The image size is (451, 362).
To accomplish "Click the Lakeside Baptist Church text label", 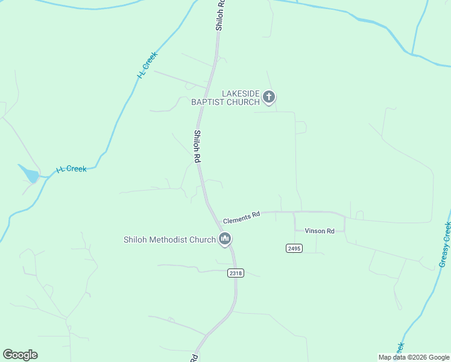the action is pos(225,98).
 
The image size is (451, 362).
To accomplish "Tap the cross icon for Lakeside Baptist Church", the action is pos(269,97).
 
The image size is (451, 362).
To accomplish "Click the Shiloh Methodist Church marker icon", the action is pos(225,240).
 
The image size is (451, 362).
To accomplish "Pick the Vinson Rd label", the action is pos(319,231).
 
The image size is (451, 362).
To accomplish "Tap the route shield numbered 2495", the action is pos(294,248).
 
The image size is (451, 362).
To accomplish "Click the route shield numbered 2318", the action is pos(236,273).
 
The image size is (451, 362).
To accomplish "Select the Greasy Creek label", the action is pos(446,245).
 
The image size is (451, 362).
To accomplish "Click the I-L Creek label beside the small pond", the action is pos(72,170).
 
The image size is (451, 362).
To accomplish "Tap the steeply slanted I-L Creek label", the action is pos(147,65).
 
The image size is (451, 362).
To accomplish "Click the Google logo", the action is pos(20,355).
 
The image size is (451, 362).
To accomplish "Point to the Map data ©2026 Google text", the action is pos(414,357).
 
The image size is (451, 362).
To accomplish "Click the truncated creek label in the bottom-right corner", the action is pos(400,348).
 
